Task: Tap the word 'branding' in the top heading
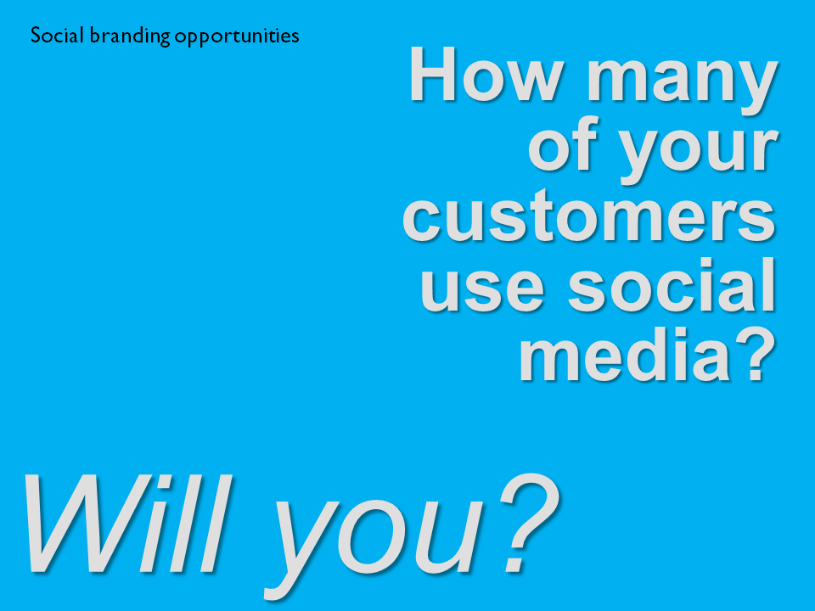tap(130, 36)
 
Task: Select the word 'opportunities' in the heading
tap(237, 36)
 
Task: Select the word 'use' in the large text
tap(482, 288)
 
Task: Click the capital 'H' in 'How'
tap(434, 74)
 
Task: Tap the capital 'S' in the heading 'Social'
tap(36, 36)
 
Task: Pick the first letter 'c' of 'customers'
tap(421, 222)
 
